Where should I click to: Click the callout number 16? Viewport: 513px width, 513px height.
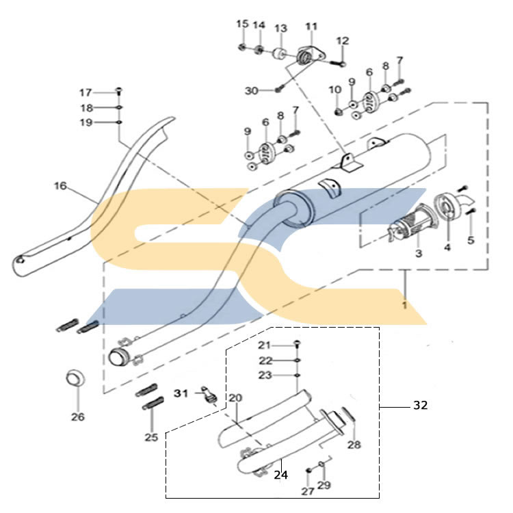coord(60,186)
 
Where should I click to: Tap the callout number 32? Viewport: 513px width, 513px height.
coord(421,406)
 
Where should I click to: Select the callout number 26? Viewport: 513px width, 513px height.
coord(78,417)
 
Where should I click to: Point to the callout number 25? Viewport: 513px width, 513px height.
coord(151,437)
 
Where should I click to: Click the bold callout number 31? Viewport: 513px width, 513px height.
coord(181,393)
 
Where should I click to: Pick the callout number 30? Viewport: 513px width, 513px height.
coord(252,90)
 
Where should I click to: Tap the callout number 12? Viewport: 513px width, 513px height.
coord(343,41)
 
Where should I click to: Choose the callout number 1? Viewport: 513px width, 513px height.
coord(405,305)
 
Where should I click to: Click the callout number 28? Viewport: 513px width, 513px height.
coord(354,445)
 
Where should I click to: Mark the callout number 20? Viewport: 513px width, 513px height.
coord(235,398)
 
